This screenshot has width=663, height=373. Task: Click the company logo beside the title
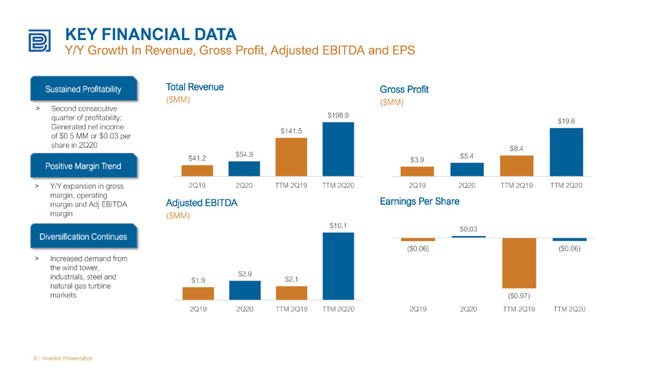tap(40, 41)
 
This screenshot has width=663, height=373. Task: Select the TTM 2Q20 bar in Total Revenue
tap(338, 149)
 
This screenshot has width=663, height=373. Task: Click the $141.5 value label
tap(291, 131)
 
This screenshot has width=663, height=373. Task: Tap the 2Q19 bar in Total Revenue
tap(197, 170)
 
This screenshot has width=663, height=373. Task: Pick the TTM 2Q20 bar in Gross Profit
tap(566, 152)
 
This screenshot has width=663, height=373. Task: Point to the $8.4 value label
tap(516, 149)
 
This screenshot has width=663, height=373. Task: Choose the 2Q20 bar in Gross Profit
tap(467, 169)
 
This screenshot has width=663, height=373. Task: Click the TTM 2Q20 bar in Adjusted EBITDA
tap(338, 267)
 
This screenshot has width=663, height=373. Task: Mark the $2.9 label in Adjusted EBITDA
tap(245, 274)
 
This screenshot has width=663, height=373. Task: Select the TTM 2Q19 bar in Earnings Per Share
tap(519, 263)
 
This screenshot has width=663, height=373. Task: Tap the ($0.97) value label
tap(519, 296)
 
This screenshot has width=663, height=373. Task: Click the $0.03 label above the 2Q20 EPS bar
tap(469, 229)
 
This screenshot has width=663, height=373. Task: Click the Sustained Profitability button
tap(84, 89)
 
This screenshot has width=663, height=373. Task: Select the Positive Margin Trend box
tap(84, 166)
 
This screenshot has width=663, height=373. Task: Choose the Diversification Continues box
tap(84, 236)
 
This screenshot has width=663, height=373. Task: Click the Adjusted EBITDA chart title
tap(202, 203)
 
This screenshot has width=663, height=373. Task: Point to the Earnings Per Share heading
tap(419, 202)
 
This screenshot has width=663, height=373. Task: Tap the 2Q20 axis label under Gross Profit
tap(467, 186)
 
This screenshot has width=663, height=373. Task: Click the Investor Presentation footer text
tap(67, 358)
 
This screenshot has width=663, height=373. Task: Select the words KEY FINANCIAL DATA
tap(151, 34)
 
